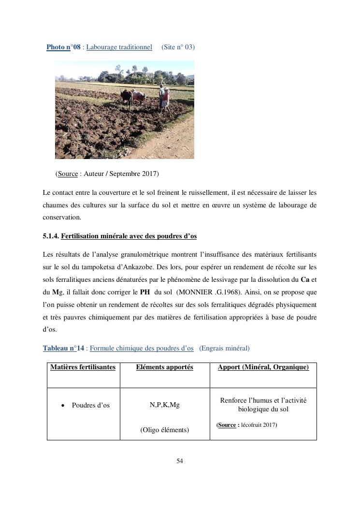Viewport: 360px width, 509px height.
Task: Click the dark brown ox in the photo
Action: (x=127, y=96)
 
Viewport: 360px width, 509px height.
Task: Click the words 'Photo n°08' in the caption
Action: (x=63, y=47)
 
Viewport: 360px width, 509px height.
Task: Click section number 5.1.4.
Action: (x=51, y=236)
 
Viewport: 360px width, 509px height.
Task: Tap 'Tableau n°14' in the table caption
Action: (x=63, y=348)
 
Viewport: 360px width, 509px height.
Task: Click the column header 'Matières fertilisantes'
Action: (x=83, y=367)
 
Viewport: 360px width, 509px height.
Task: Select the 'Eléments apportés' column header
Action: (x=164, y=367)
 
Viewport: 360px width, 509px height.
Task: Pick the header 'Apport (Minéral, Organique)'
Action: (x=263, y=367)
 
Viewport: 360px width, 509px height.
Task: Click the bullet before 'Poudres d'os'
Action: (x=63, y=406)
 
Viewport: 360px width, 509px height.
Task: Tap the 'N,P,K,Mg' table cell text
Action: (x=164, y=405)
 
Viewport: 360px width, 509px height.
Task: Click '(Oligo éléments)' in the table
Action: (x=164, y=430)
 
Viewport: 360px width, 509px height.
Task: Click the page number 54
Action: (x=180, y=461)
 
